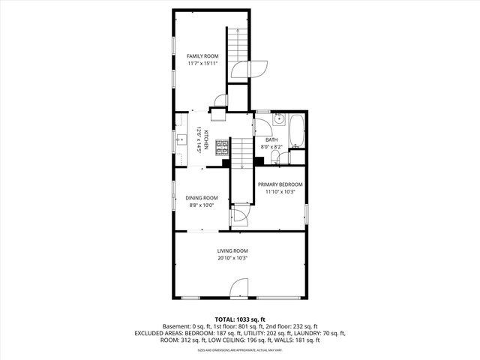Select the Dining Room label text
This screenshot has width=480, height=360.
(201, 198)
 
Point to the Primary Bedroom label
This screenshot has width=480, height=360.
(280, 184)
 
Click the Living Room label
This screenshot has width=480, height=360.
(232, 250)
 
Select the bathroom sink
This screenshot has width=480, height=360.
(278, 118)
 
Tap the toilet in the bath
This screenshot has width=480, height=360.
(278, 159)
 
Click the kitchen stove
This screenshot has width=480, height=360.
(222, 147)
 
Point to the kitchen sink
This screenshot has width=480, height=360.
(181, 139)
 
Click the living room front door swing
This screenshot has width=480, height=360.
(238, 287)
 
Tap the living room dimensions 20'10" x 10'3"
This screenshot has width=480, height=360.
(232, 258)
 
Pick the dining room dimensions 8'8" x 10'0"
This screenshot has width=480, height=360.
(201, 205)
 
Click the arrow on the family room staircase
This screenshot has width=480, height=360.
(237, 45)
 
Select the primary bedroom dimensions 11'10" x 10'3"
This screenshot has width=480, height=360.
(280, 192)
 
